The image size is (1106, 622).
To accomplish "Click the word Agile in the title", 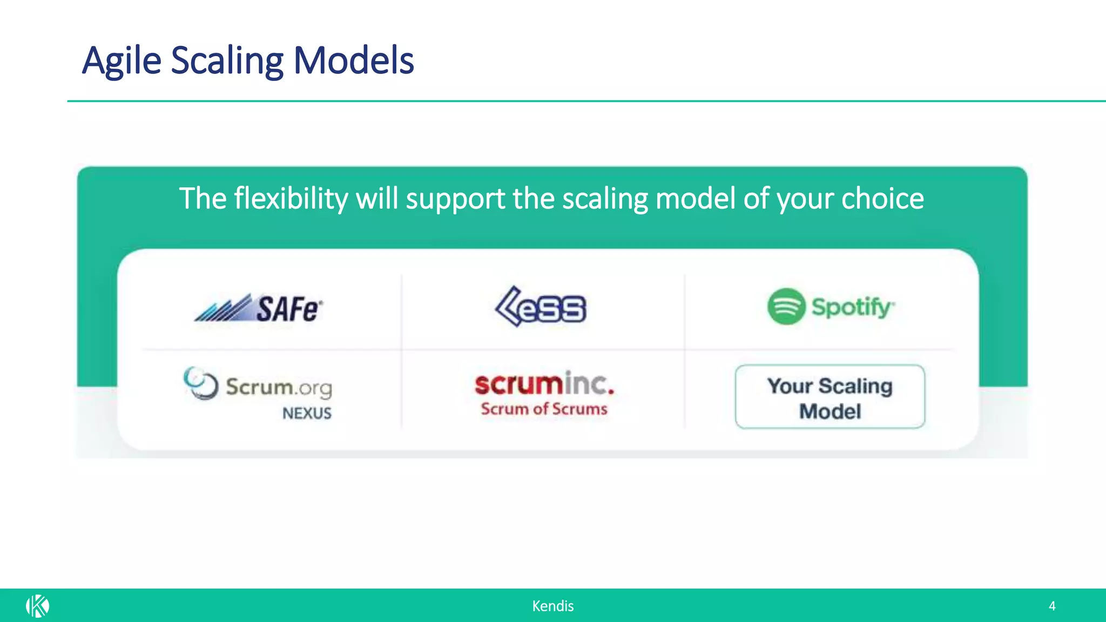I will click(122, 60).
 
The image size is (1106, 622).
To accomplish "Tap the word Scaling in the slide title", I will click(227, 60).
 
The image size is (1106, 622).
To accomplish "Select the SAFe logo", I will click(259, 308).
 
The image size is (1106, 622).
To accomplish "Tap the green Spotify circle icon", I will click(786, 306).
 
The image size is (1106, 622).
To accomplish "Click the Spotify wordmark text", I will click(852, 307).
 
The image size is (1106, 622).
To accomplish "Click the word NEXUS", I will click(307, 413).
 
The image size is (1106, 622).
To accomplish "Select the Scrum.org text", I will click(279, 387).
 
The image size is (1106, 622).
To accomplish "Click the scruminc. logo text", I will click(544, 384).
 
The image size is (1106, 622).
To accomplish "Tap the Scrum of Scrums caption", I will click(544, 409).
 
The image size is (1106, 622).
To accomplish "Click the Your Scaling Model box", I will click(829, 397).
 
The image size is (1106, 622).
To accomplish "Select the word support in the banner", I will click(455, 199).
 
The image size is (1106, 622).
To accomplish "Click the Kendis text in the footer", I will click(552, 606).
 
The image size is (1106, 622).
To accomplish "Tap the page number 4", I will click(1052, 606).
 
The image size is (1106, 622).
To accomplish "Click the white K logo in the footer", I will click(37, 606).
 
